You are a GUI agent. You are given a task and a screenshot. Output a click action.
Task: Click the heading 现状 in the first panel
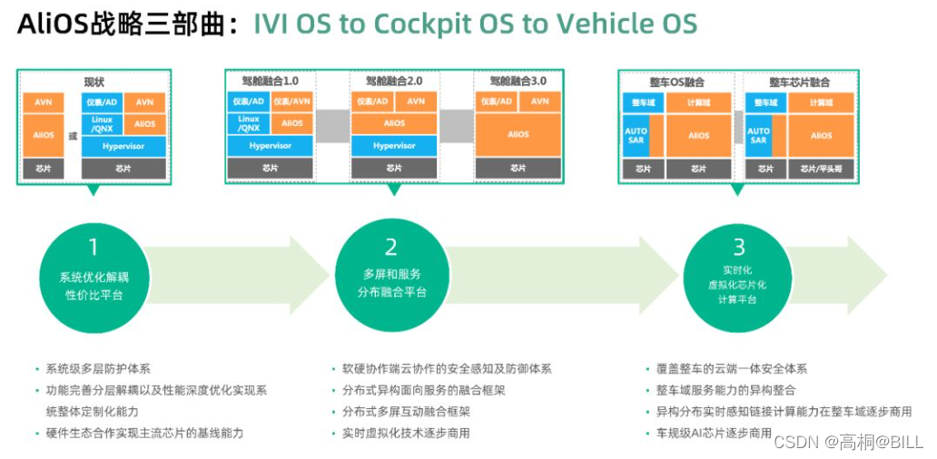(94, 82)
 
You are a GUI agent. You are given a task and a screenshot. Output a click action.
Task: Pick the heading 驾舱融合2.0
(394, 82)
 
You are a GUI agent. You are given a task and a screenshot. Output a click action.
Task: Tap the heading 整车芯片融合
(800, 82)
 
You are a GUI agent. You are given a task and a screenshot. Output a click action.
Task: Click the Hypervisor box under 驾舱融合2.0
(394, 145)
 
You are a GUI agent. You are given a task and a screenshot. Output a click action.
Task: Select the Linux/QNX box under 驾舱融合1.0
(249, 123)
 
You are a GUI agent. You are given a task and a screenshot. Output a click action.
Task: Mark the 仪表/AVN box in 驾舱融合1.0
(292, 102)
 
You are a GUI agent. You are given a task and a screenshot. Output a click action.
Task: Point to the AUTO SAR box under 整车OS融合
(636, 135)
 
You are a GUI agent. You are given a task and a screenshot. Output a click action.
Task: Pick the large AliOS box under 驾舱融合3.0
(518, 134)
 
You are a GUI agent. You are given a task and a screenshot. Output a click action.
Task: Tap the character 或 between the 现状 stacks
(73, 136)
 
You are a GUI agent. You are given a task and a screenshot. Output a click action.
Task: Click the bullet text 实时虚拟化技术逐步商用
(406, 433)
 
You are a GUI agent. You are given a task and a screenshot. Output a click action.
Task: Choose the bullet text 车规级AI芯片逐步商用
(714, 433)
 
